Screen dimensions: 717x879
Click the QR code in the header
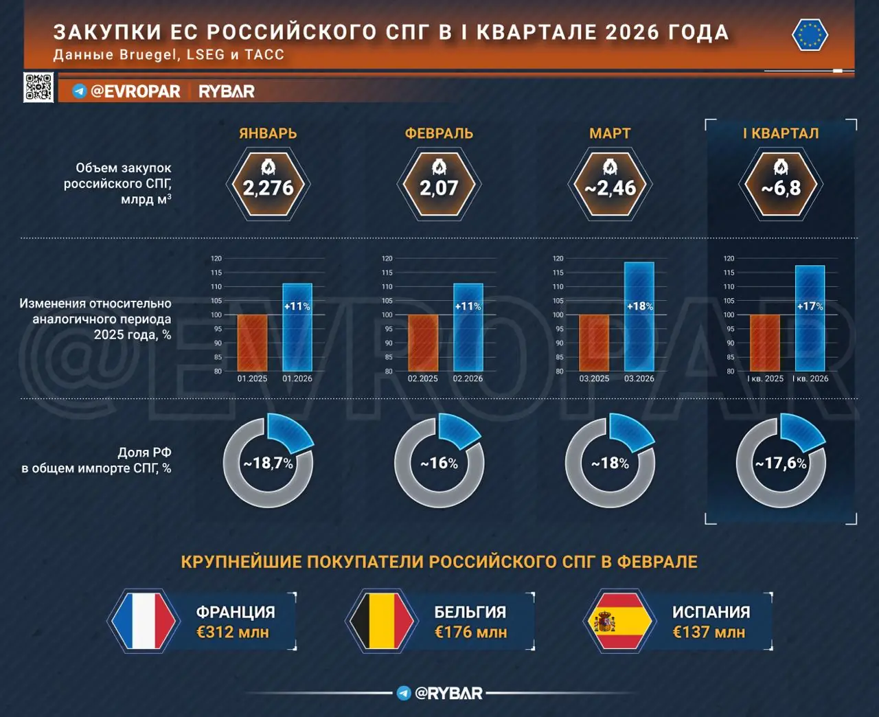click(38, 87)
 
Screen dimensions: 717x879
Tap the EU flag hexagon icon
click(810, 35)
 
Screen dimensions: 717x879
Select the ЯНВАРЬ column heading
click(268, 133)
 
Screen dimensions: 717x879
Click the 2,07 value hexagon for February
click(439, 185)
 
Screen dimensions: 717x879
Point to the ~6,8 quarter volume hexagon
click(781, 185)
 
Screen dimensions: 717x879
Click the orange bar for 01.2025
click(252, 343)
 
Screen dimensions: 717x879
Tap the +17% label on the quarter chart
click(810, 306)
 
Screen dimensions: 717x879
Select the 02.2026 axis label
click(468, 378)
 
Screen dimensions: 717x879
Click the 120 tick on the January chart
click(216, 259)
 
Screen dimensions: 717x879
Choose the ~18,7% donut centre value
click(268, 464)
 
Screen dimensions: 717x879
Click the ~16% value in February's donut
click(439, 464)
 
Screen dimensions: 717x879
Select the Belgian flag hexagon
click(381, 620)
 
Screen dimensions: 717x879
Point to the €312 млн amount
click(232, 633)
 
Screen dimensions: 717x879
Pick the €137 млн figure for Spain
click(708, 633)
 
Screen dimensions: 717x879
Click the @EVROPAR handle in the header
click(135, 91)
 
